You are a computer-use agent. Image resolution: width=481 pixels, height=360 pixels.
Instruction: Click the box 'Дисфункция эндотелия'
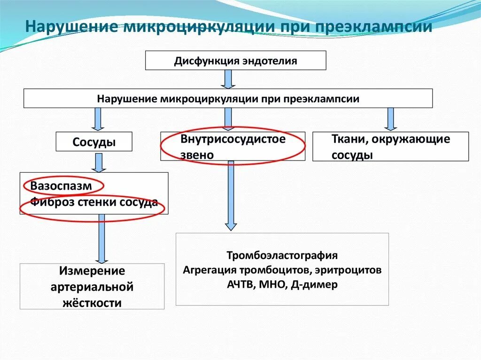point(235,61)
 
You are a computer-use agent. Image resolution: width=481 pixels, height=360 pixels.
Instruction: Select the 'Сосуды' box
point(94,142)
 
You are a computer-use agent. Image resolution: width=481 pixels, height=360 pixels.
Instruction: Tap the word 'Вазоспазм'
point(61,186)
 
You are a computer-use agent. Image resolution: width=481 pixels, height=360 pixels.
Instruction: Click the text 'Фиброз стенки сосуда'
point(94,203)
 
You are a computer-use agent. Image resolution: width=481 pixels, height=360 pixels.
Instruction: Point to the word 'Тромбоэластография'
point(282,255)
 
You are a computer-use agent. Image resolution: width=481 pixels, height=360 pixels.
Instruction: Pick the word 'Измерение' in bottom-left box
point(92,271)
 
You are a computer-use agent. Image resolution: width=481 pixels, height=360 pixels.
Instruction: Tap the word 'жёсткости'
point(92,303)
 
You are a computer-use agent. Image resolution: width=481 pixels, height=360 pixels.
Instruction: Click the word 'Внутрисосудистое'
point(233,139)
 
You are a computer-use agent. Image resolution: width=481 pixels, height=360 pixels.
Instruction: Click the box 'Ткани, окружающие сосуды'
point(390,146)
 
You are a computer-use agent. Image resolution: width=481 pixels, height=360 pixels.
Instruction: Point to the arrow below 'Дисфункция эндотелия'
point(228,79)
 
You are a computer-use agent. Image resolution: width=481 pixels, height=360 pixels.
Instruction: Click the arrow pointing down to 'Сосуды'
point(98,119)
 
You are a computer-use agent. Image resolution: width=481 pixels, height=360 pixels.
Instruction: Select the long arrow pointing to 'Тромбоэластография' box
point(230,195)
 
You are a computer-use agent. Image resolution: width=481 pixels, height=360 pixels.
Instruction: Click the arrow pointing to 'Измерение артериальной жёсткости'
point(101,238)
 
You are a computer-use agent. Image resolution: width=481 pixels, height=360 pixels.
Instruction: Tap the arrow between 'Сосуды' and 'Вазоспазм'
point(98,162)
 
